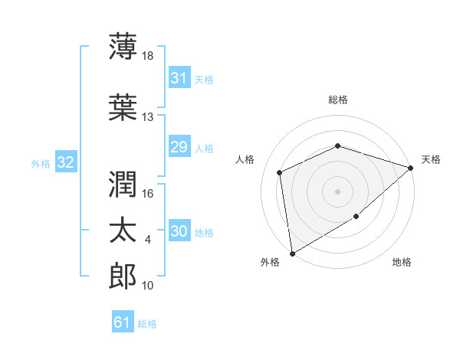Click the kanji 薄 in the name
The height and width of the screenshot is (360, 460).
point(123,46)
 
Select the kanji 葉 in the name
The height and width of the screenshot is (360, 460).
point(123,107)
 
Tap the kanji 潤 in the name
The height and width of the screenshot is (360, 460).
point(123,184)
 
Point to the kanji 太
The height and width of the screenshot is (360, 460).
point(123,230)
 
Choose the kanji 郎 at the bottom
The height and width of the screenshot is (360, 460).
point(123,276)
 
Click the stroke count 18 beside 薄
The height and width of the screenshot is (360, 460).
point(147,56)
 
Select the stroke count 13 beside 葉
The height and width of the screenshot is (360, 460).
point(147,117)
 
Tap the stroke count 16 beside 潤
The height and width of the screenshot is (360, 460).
point(147,194)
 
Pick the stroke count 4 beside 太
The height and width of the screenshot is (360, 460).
point(147,240)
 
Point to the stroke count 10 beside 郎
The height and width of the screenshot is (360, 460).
point(147,286)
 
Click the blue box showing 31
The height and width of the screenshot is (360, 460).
point(179,77)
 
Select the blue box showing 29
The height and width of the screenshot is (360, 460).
point(179,146)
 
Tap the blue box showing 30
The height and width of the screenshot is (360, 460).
point(179,230)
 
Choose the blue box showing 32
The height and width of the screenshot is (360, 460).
point(66,162)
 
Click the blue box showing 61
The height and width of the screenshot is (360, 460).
point(123,321)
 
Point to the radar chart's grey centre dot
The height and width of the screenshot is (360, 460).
point(337,191)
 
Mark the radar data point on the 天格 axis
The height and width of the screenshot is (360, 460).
point(410,168)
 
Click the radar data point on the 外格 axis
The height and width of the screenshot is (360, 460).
point(292,254)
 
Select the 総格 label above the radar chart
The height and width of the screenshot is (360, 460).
point(338,100)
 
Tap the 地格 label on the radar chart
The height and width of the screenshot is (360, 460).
point(402,262)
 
